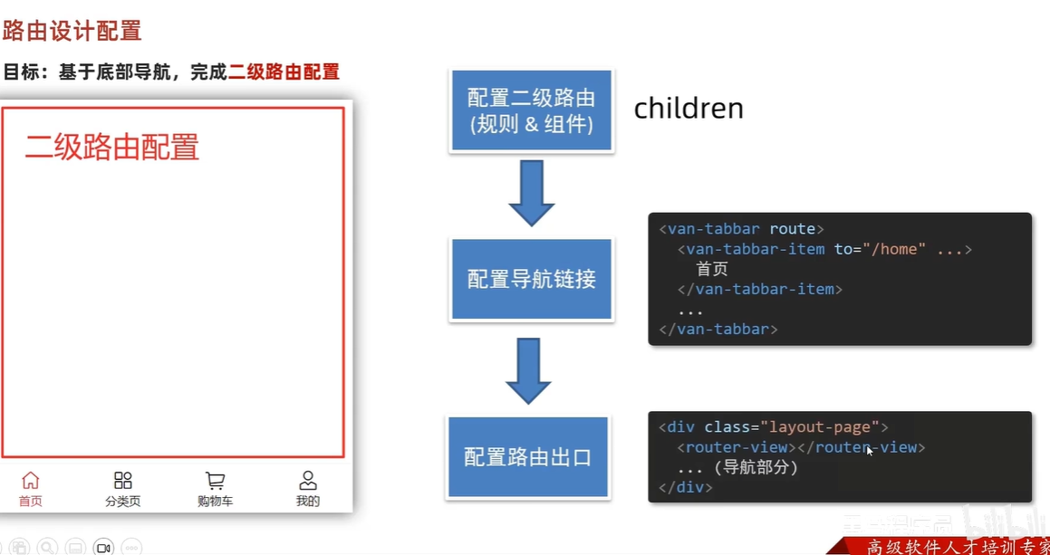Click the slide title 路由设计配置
pyautogui.click(x=72, y=31)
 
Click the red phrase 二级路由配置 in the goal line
pyautogui.click(x=284, y=72)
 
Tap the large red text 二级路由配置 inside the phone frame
pyautogui.click(x=111, y=147)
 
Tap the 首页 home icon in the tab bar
pyautogui.click(x=31, y=481)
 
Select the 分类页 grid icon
pyautogui.click(x=123, y=481)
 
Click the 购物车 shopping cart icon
pyautogui.click(x=215, y=481)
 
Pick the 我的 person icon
pyautogui.click(x=308, y=481)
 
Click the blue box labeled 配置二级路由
pyautogui.click(x=531, y=110)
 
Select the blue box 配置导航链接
pyautogui.click(x=531, y=279)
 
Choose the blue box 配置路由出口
pyautogui.click(x=527, y=457)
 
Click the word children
pyautogui.click(x=689, y=109)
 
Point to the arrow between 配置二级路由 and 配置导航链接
pyautogui.click(x=531, y=193)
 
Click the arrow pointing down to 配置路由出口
pyautogui.click(x=528, y=370)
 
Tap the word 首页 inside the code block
pyautogui.click(x=712, y=269)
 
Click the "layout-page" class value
pyautogui.click(x=820, y=426)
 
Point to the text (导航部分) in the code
pyautogui.click(x=756, y=467)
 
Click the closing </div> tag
pyautogui.click(x=686, y=487)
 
